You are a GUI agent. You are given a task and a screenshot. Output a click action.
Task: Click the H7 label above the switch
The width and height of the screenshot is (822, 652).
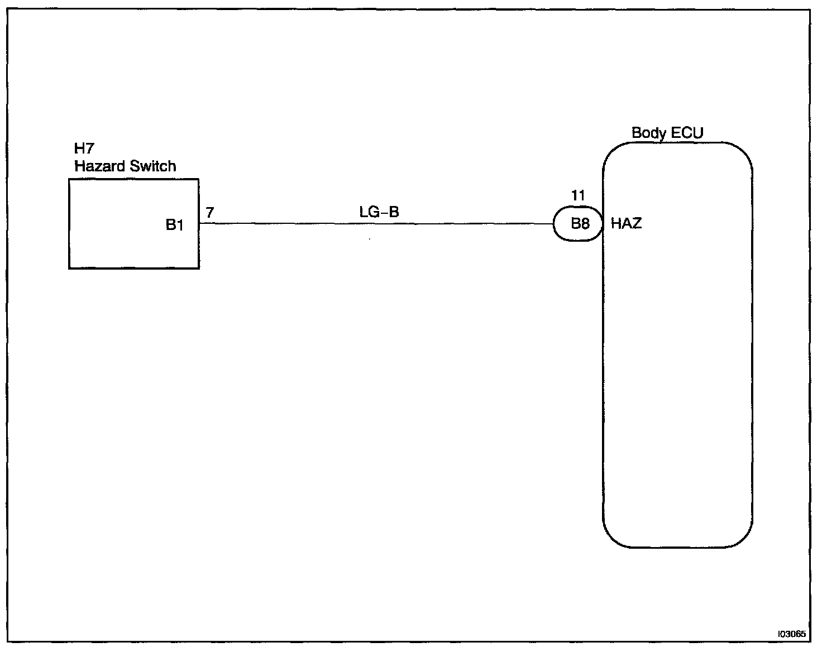(84, 148)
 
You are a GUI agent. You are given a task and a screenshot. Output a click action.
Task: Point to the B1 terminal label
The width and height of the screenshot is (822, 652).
(175, 225)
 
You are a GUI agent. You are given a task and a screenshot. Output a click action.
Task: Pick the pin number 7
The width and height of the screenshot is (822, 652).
(209, 213)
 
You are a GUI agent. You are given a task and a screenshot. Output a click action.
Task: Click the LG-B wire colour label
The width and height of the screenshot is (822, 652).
(379, 212)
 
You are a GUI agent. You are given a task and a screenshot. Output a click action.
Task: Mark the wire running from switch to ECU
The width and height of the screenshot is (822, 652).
(374, 224)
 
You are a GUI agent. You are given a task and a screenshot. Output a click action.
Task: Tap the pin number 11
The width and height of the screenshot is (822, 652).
(578, 196)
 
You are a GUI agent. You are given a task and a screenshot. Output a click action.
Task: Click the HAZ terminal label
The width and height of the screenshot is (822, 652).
(626, 224)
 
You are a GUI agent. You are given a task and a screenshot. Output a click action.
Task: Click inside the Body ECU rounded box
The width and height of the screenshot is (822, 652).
(677, 363)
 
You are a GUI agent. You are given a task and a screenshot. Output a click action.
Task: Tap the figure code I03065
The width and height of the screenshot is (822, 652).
(791, 634)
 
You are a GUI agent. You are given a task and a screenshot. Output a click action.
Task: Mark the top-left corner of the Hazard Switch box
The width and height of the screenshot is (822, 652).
(69, 180)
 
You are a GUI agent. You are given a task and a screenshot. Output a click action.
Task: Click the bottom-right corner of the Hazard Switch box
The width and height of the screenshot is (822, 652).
(199, 269)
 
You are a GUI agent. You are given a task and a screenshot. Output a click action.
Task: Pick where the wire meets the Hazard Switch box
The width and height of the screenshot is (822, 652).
(199, 224)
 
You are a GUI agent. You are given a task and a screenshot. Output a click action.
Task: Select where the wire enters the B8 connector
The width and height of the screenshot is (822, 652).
(553, 224)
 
